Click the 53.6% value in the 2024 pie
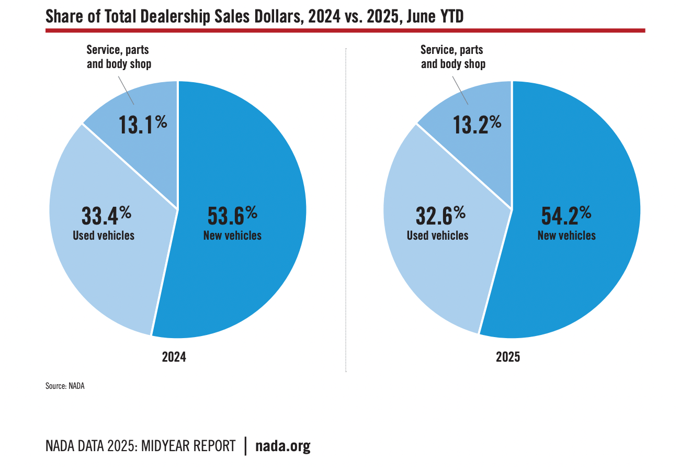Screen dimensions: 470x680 232,216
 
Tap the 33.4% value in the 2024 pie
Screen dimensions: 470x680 106,216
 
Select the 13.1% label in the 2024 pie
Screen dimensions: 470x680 142,125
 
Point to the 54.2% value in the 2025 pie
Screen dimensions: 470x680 566,216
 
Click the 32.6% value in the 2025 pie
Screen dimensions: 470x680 440,216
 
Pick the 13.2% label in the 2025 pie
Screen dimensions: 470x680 477,125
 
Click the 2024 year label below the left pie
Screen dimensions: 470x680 174,357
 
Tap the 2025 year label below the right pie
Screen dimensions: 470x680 508,357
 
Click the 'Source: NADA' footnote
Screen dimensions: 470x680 65,386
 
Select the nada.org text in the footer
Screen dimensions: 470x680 283,446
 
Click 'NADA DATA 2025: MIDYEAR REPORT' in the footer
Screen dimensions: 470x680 141,446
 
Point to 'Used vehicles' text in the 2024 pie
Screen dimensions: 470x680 104,236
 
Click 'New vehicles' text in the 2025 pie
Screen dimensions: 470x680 566,236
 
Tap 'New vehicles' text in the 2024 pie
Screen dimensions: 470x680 232,236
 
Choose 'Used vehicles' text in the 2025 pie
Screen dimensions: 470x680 438,236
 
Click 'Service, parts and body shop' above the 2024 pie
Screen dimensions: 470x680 119,57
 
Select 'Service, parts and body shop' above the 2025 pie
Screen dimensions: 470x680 453,57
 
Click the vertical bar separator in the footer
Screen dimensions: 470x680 245,446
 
